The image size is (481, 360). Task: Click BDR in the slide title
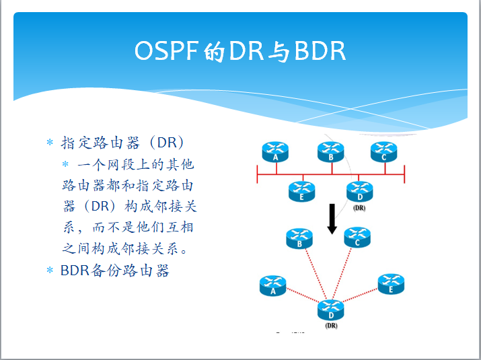(320, 52)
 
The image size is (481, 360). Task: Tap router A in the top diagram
(276, 152)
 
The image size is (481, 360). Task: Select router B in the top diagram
(330, 152)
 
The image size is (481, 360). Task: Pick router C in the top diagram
(383, 152)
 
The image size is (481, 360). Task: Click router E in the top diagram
(302, 191)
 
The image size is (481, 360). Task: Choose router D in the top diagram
(359, 191)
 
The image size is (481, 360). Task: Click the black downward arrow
(332, 219)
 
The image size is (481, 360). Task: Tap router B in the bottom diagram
(299, 238)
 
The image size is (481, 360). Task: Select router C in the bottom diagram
(357, 238)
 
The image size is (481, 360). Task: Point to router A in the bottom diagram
(272, 286)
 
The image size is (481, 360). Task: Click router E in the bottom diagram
(390, 283)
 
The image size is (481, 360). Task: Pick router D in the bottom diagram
(330, 310)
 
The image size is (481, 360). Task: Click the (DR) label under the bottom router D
(330, 326)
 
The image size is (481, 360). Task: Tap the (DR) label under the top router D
(359, 208)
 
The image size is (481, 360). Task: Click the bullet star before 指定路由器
(49, 143)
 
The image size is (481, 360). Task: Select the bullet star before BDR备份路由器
(49, 271)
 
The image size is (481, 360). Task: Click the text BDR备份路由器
(114, 271)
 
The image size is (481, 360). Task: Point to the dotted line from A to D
(301, 297)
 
